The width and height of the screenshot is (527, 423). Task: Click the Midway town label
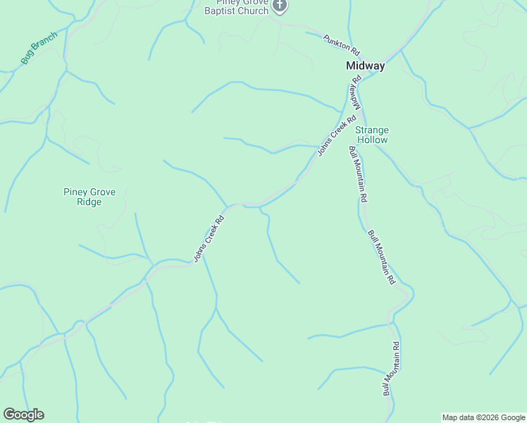pos(366,66)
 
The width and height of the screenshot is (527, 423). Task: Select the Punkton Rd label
pos(342,46)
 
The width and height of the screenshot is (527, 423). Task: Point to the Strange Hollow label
pos(371,135)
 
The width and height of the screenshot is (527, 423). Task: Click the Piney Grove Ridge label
pos(89,197)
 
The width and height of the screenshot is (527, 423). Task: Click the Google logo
pos(23,415)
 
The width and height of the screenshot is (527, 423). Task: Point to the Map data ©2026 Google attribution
pos(483,417)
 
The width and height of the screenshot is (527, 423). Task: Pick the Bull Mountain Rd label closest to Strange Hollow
pos(359,173)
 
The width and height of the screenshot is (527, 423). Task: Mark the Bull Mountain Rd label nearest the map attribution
pos(391,368)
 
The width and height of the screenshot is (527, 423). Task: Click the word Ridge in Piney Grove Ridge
pos(89,202)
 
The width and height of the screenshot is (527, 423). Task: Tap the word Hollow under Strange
pos(371,140)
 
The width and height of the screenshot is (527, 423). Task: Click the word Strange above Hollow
pos(371,130)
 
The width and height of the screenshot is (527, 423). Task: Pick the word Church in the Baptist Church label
pos(254,11)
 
